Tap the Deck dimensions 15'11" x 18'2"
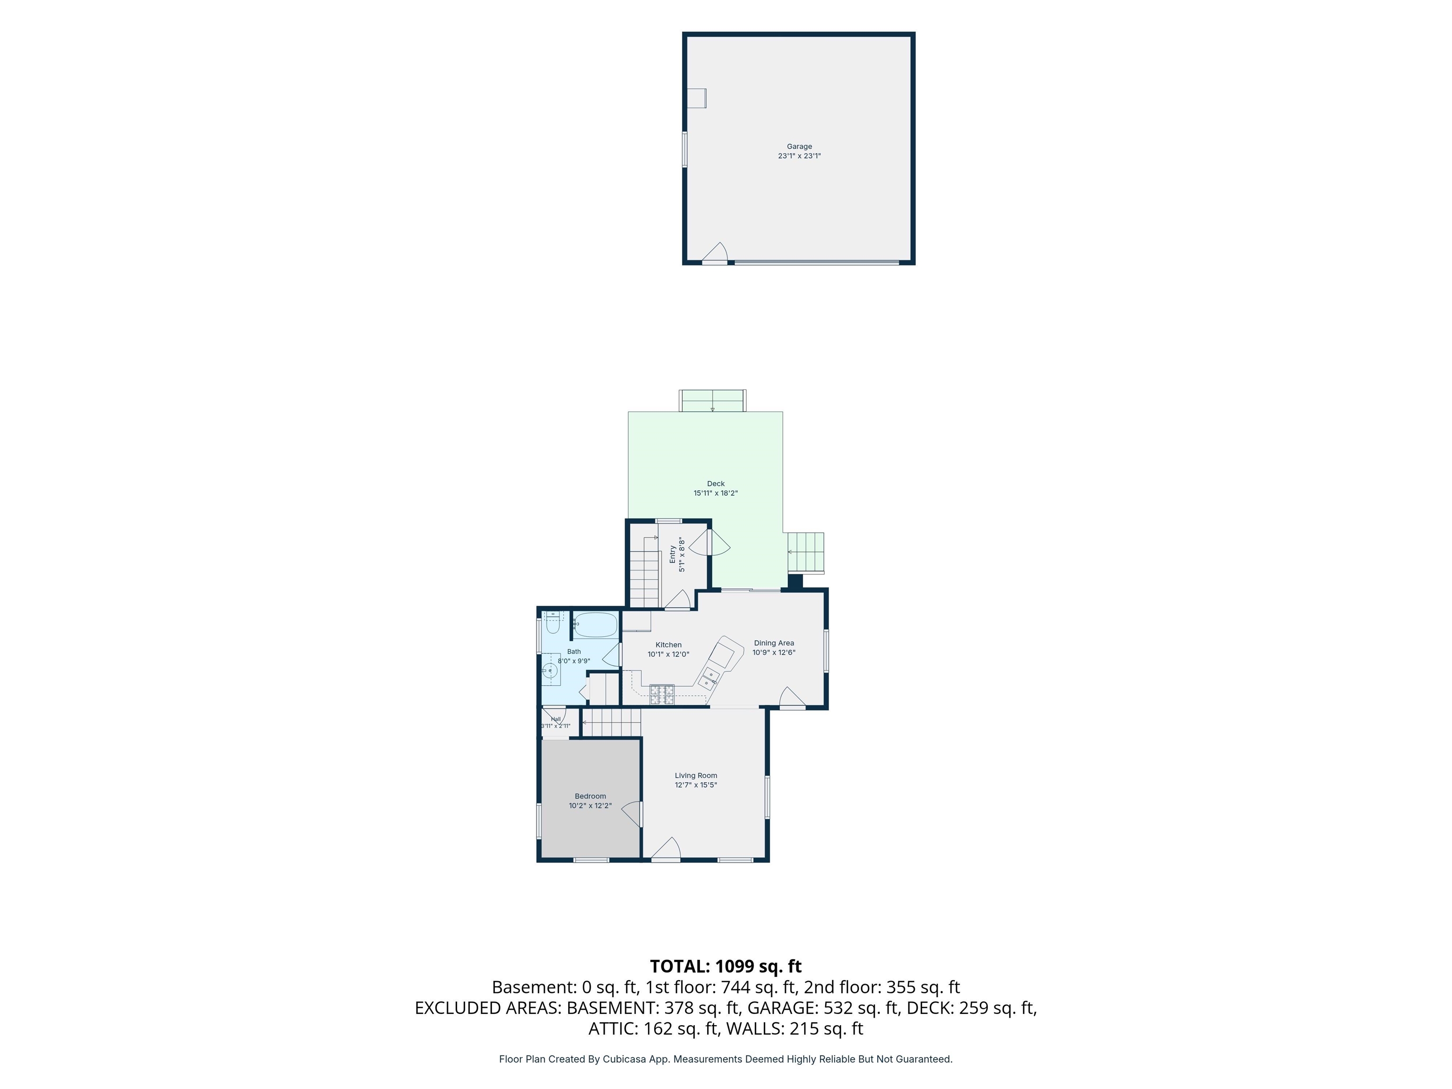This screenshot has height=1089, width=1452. tap(716, 493)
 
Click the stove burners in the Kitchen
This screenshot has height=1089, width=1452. tap(662, 694)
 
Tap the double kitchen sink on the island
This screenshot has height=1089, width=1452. tap(709, 677)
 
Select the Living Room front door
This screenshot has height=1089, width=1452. tap(665, 848)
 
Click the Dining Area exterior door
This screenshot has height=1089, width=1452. tap(792, 698)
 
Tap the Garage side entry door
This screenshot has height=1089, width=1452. tap(715, 253)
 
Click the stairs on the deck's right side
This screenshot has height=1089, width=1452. tap(805, 552)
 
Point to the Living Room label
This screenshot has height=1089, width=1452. tap(696, 775)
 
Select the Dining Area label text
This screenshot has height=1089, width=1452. tap(774, 643)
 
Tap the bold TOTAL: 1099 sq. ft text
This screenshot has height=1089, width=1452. tap(726, 966)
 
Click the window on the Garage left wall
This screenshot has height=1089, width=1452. tap(685, 149)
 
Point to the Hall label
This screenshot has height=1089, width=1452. tap(556, 719)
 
